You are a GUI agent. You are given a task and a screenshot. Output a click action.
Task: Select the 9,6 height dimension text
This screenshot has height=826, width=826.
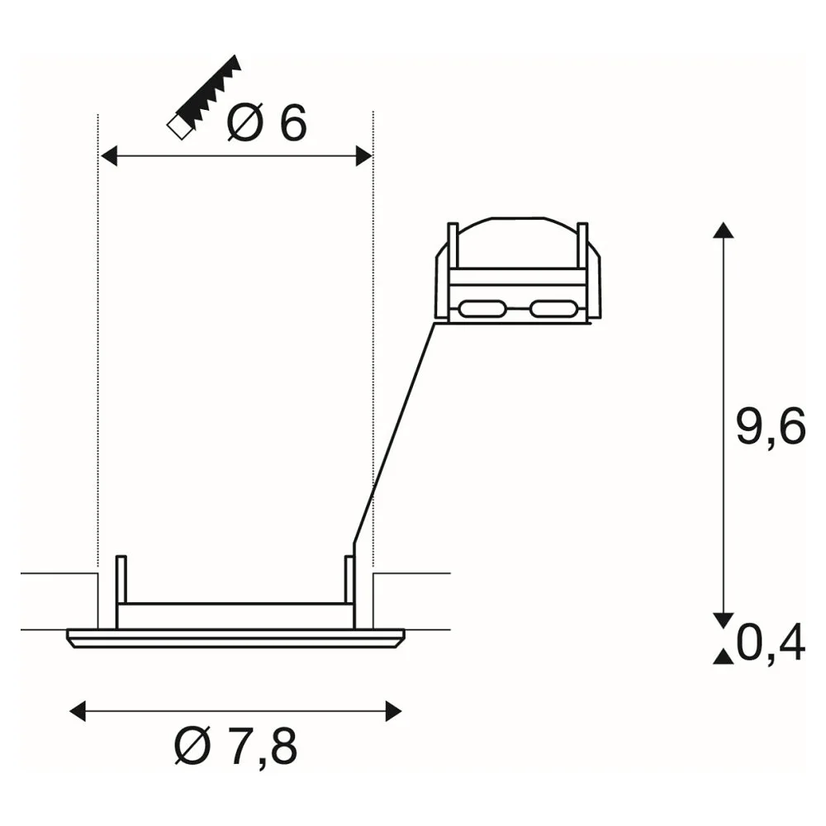pyautogui.click(x=771, y=427)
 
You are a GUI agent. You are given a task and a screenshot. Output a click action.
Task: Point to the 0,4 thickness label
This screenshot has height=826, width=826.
pyautogui.click(x=771, y=643)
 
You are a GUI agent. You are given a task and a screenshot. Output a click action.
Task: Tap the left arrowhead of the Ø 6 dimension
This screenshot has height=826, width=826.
pyautogui.click(x=108, y=156)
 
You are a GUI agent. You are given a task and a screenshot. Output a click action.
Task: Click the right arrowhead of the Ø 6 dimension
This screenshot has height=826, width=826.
pyautogui.click(x=364, y=156)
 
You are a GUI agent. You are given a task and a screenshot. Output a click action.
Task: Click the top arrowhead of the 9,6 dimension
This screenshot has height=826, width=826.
pyautogui.click(x=724, y=230)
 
